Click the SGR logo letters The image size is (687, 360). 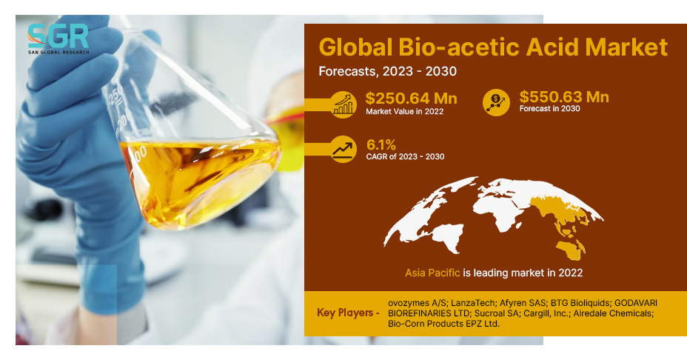pyautogui.click(x=58, y=36)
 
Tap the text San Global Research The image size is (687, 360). pyautogui.click(x=58, y=52)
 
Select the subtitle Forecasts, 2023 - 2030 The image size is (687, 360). pyautogui.click(x=388, y=71)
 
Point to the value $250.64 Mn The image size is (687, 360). pyautogui.click(x=412, y=99)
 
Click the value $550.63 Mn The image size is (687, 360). pyautogui.click(x=564, y=96)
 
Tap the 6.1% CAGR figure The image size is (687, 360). pyautogui.click(x=381, y=144)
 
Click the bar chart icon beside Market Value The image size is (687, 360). pyautogui.click(x=343, y=104)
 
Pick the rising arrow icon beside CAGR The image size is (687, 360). pyautogui.click(x=343, y=150)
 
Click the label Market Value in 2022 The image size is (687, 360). pyautogui.click(x=405, y=111)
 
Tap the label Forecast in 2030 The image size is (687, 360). pyautogui.click(x=550, y=109)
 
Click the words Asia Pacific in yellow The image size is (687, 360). pyautogui.click(x=432, y=273)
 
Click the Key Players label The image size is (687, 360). pyautogui.click(x=348, y=313)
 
